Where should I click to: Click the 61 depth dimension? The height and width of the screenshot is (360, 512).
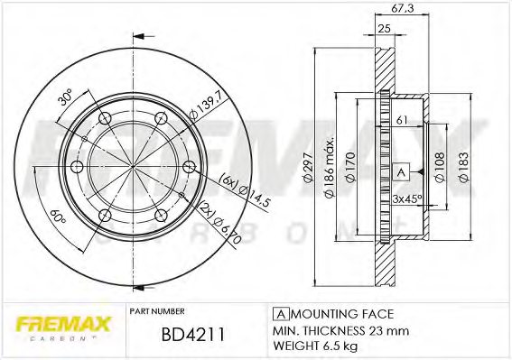pos(404,119)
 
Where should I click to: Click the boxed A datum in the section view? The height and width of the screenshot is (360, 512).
pos(401,171)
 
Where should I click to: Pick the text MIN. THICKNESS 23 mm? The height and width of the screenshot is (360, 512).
pos(330,330)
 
